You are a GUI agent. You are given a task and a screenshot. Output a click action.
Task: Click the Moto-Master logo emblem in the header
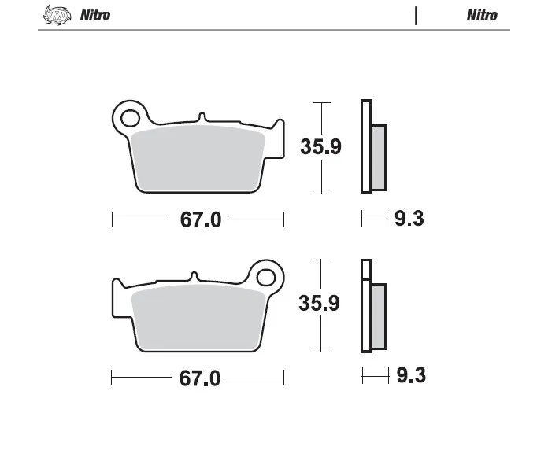pyautogui.click(x=57, y=15)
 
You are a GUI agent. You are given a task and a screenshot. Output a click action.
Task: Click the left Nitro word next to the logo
pyautogui.click(x=95, y=15)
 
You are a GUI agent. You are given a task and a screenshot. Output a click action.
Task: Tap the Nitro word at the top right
pyautogui.click(x=482, y=16)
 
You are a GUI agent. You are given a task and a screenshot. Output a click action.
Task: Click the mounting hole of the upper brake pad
pyautogui.click(x=130, y=118)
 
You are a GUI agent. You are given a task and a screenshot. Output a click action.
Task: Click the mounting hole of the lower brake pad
pyautogui.click(x=266, y=278)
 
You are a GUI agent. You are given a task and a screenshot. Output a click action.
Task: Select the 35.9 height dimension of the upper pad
pyautogui.click(x=320, y=146)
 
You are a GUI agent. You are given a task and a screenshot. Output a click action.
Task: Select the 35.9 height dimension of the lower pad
pyautogui.click(x=319, y=303)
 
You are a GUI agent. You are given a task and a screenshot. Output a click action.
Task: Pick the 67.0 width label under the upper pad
pyautogui.click(x=201, y=220)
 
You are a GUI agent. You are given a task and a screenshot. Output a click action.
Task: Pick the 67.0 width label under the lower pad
pyautogui.click(x=200, y=378)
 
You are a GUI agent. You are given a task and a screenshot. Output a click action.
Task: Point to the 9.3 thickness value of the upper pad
pyautogui.click(x=409, y=219)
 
